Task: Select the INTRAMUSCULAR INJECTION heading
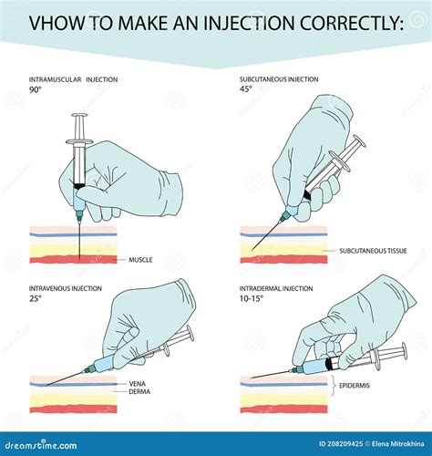74,80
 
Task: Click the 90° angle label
36,90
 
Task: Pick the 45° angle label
245,90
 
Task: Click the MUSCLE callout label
140,260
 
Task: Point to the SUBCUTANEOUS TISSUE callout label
373,250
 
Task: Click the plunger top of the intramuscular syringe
80,116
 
